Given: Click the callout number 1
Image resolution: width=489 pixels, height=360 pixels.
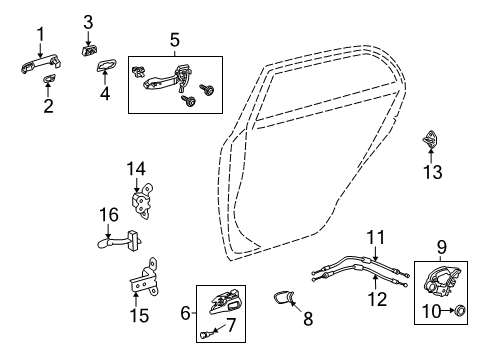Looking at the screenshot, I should pyautogui.click(x=41, y=36).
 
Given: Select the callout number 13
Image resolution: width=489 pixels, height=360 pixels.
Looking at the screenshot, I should pyautogui.click(x=431, y=173).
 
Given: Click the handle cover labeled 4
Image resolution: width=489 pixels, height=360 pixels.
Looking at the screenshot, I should pyautogui.click(x=104, y=68).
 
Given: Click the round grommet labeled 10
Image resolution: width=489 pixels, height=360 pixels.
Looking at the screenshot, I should pyautogui.click(x=462, y=313).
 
